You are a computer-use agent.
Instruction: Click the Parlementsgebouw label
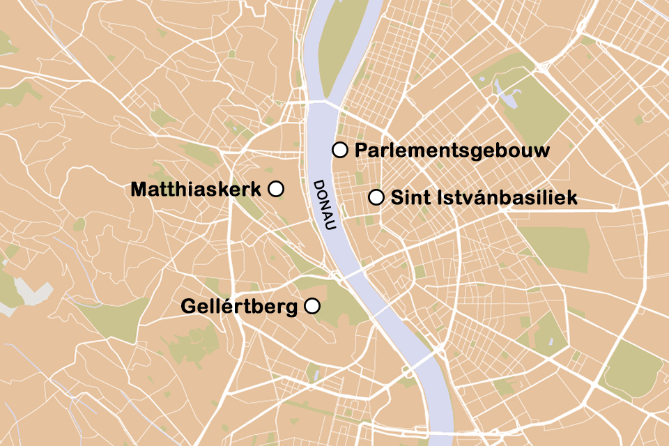pos(452,151)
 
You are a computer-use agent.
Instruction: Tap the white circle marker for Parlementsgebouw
pos(340,149)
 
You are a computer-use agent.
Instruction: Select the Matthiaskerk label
pos(195,189)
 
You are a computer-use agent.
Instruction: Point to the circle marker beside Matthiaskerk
pos(275,189)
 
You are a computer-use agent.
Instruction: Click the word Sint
pos(410,198)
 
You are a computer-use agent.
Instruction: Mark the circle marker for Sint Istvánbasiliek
pos(376,197)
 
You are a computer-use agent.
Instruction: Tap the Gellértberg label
pos(239,306)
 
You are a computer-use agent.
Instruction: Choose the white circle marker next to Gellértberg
pos(312,305)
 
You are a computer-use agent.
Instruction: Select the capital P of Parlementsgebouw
pos(362,151)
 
